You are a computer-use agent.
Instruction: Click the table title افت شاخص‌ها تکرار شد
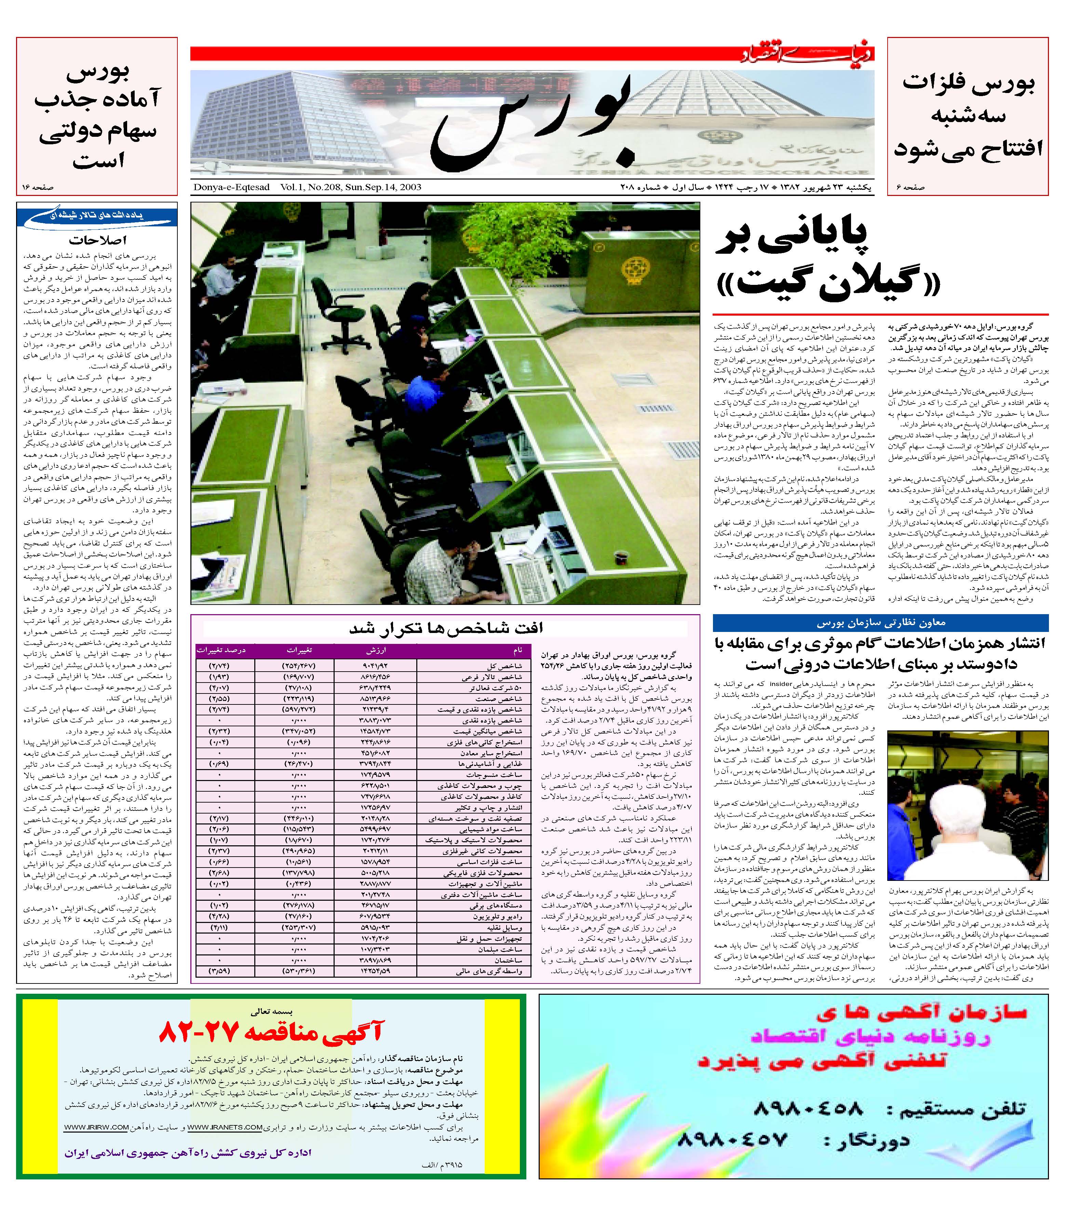click(446, 628)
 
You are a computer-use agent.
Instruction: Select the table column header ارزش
click(376, 650)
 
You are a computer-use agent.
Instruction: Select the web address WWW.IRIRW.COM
click(96, 1127)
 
